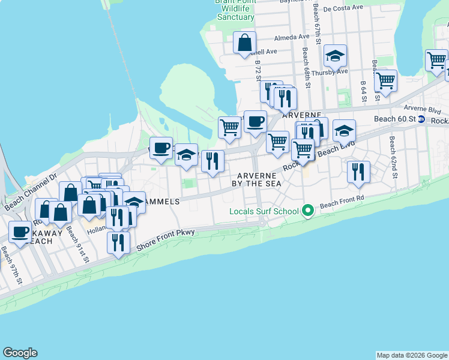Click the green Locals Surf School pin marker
(309, 211)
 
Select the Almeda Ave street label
(292, 37)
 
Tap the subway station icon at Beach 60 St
(422, 119)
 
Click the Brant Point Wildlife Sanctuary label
(235, 9)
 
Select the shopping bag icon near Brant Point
(245, 43)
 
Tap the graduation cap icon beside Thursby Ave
(335, 56)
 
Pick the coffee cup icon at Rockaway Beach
(20, 231)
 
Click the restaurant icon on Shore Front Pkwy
(118, 242)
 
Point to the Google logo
(20, 353)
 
